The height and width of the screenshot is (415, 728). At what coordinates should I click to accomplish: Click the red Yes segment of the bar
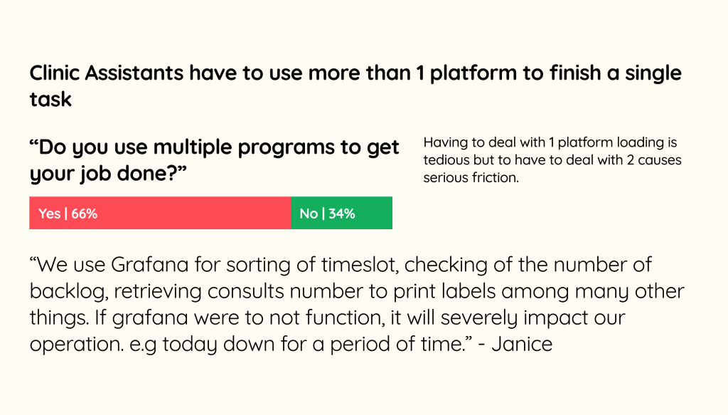[x=160, y=213]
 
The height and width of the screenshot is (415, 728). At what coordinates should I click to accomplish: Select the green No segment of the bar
[x=342, y=213]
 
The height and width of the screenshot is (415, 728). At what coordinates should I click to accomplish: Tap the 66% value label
[x=84, y=214]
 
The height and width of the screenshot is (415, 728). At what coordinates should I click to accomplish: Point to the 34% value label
[x=342, y=214]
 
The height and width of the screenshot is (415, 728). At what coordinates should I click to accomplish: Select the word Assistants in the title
[x=134, y=73]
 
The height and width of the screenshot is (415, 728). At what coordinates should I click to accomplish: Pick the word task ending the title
[x=50, y=100]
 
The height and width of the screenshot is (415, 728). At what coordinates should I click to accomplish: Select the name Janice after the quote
[x=522, y=345]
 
